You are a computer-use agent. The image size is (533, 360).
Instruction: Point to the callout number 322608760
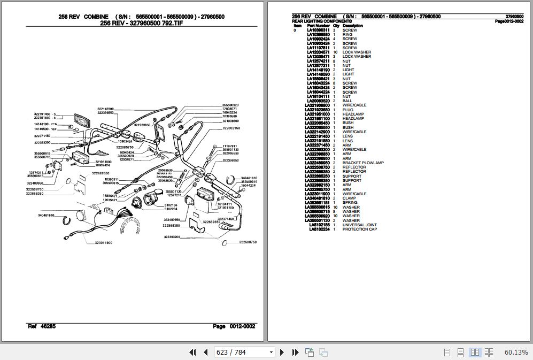point(247,242)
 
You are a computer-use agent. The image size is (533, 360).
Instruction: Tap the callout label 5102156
point(171,205)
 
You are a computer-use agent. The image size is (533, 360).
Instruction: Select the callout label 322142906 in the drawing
point(105,109)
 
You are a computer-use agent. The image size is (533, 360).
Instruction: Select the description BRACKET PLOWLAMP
point(362,163)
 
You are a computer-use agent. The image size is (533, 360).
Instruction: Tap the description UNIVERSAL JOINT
point(359,225)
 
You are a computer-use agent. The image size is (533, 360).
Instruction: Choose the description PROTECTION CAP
point(359,229)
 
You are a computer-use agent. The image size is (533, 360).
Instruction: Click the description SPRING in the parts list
point(350,203)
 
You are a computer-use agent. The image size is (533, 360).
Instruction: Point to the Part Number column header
point(319,26)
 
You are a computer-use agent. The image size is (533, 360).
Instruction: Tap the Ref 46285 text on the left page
point(41,326)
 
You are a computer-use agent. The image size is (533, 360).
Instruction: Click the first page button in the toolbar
point(193,352)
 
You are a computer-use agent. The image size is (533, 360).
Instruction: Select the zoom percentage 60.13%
point(515,352)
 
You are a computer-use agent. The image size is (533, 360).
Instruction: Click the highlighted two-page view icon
point(475,352)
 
